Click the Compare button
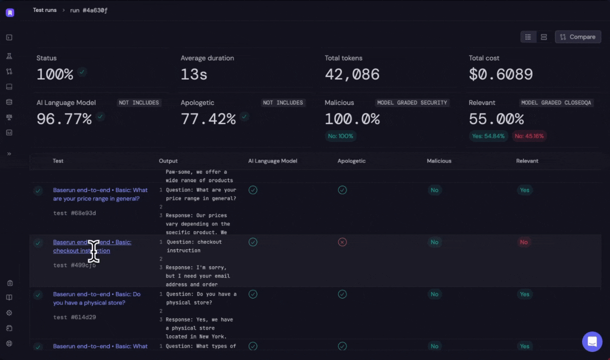coord(577,37)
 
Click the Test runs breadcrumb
coord(44,10)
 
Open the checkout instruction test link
coord(92,246)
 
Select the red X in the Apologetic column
coord(342,242)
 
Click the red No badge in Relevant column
coord(523,242)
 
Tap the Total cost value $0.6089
coord(500,74)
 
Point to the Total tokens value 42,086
coord(352,74)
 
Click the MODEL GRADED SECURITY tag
coord(412,102)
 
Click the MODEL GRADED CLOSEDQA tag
coord(556,102)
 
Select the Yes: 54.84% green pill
coord(488,136)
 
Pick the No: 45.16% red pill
coord(529,136)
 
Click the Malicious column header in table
coord(438,161)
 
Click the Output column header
coord(168,161)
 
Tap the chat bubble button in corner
coord(592,342)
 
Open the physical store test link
coord(96,298)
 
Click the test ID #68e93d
coord(74,213)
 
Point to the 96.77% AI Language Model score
coord(64,119)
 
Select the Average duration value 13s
coord(193,74)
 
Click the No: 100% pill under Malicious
coord(340,136)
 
